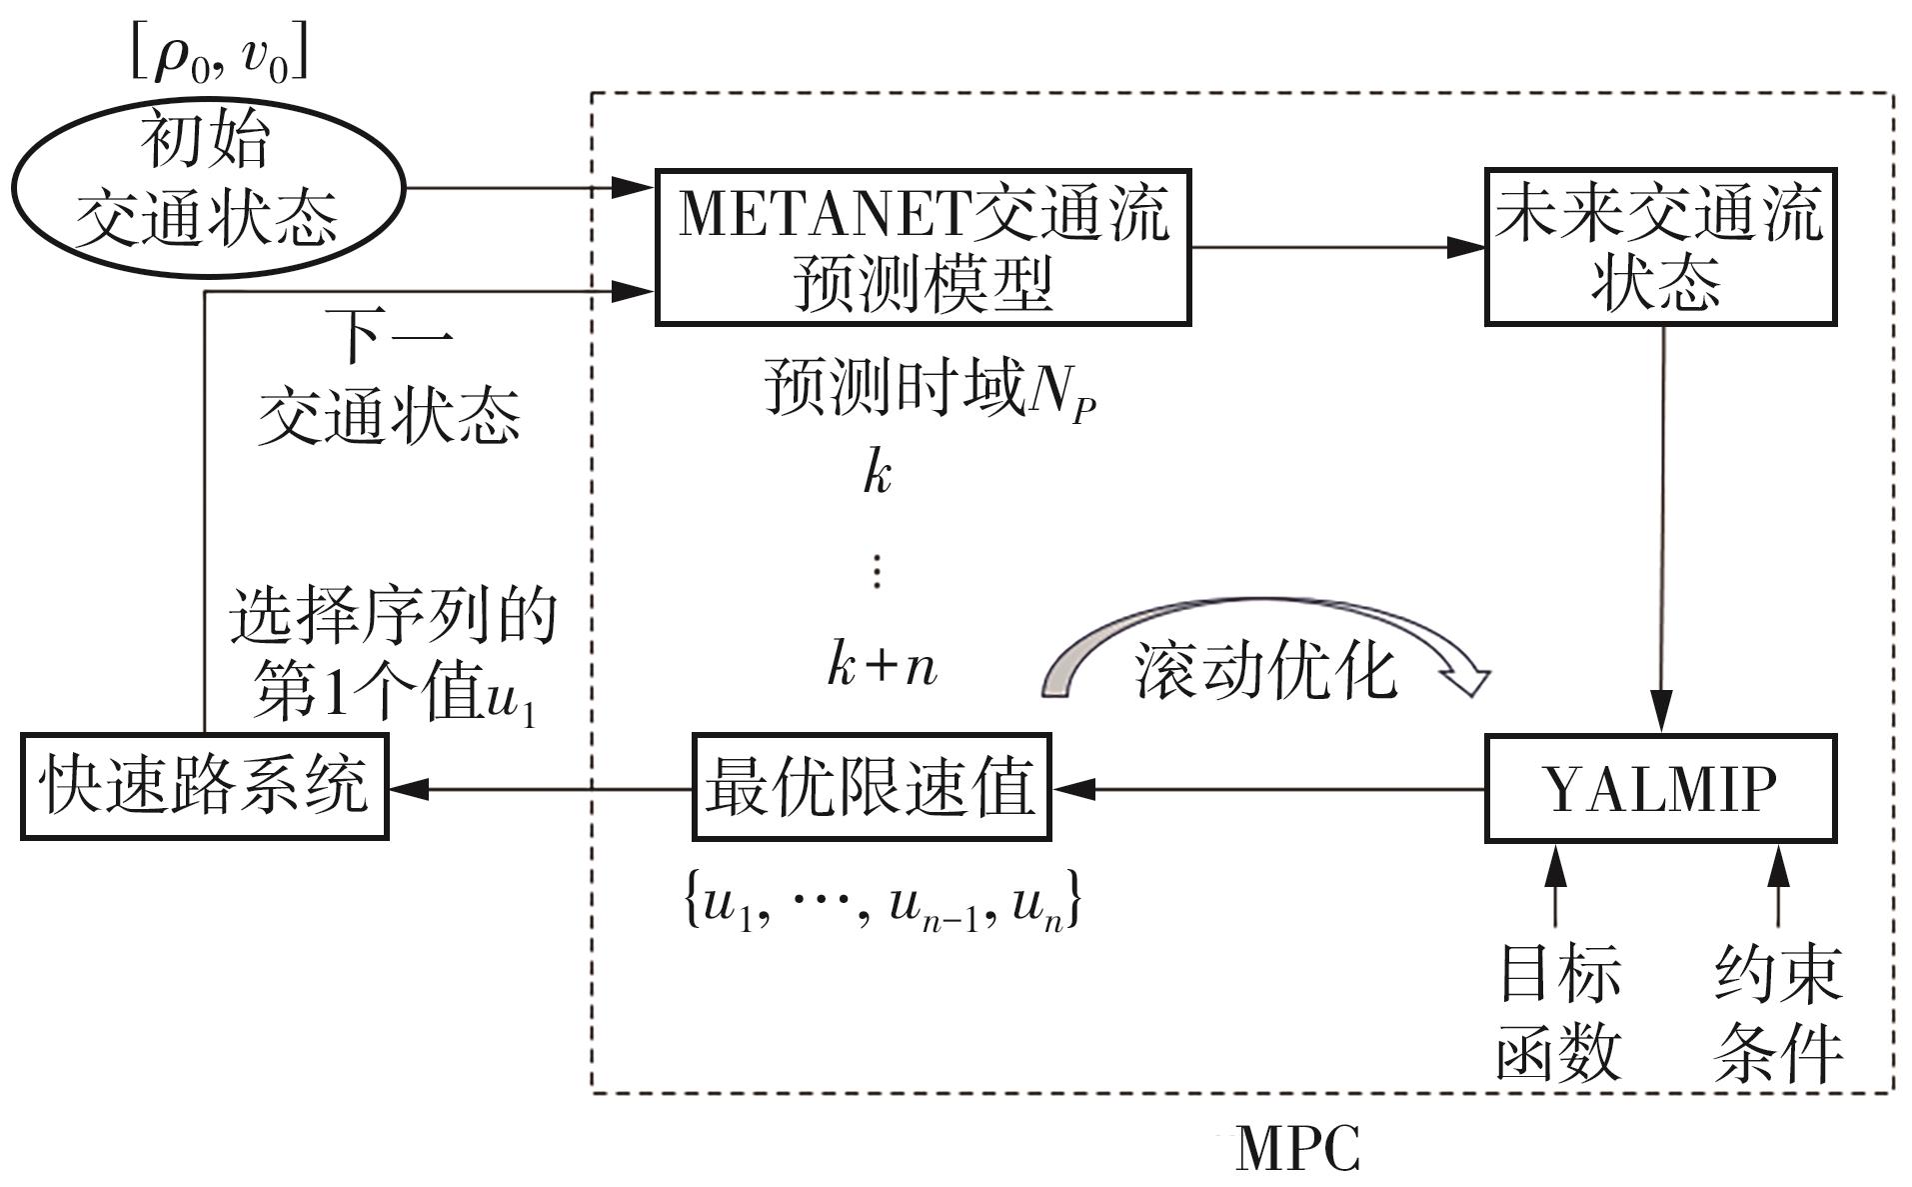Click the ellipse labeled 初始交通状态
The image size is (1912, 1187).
pos(207,187)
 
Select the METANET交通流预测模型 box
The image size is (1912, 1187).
pos(922,247)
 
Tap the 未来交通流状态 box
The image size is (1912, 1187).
pos(1660,247)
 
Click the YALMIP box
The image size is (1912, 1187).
pos(1660,789)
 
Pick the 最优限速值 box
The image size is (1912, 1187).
pos(871,788)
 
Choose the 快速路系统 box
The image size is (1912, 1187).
pos(204,787)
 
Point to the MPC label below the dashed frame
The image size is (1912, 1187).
pos(1296,1148)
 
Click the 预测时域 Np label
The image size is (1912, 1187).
pos(930,390)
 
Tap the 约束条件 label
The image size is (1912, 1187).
pos(1777,1013)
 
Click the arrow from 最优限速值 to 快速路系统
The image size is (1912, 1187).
pos(540,789)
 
